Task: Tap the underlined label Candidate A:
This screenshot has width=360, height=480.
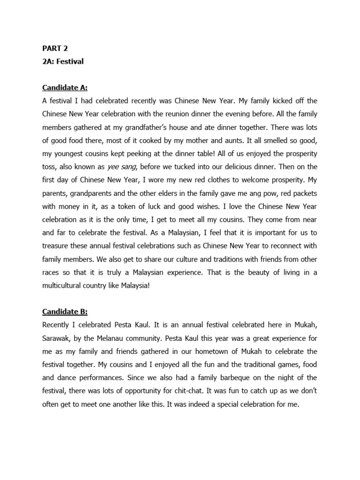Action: tap(65, 88)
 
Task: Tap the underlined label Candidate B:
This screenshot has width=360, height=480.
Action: tap(65, 299)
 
